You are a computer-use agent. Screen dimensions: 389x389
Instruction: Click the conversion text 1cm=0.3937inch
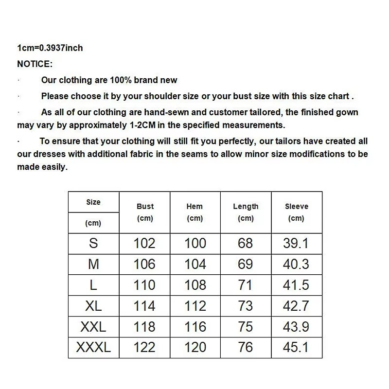pyautogui.click(x=50, y=48)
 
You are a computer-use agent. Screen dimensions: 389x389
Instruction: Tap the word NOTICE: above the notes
pyautogui.click(x=35, y=64)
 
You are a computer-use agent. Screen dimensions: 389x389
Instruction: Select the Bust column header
pyautogui.click(x=145, y=207)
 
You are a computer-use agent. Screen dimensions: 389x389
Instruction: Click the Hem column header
pyautogui.click(x=194, y=207)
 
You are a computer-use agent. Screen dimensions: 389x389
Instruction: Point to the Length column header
pyautogui.click(x=246, y=207)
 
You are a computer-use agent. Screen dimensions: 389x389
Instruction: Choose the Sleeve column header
pyautogui.click(x=296, y=207)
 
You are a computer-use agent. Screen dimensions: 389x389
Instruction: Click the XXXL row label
pyautogui.click(x=93, y=347)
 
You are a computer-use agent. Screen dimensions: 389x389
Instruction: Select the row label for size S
pyautogui.click(x=93, y=243)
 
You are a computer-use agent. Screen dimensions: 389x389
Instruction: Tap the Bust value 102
pyautogui.click(x=144, y=243)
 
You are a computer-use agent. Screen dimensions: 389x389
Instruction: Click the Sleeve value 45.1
pyautogui.click(x=296, y=347)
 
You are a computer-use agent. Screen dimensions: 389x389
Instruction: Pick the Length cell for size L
pyautogui.click(x=246, y=285)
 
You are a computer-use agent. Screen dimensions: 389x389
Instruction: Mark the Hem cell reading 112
pyautogui.click(x=195, y=306)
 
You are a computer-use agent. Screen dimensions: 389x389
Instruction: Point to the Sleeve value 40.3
pyautogui.click(x=296, y=264)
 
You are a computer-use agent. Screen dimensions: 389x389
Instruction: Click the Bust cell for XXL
pyautogui.click(x=144, y=327)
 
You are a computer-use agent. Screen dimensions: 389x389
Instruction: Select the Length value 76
pyautogui.click(x=246, y=347)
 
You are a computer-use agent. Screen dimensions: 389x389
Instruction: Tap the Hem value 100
pyautogui.click(x=195, y=243)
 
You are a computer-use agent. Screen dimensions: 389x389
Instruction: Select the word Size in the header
pyautogui.click(x=93, y=202)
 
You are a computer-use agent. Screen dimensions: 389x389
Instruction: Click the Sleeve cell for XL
pyautogui.click(x=296, y=306)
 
